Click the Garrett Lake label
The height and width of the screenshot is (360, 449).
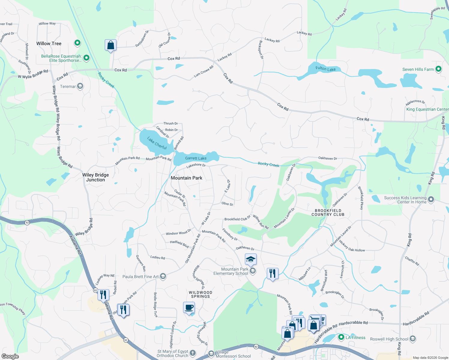point(196,158)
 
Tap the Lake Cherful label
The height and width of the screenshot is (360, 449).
point(157,143)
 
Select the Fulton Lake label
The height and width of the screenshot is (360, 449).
point(325,69)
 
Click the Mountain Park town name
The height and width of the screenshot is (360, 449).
point(186,178)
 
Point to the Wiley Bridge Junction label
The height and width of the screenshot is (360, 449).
point(95,177)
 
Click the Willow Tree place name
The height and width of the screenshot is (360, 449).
point(49,43)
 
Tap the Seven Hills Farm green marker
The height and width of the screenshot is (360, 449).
point(438,69)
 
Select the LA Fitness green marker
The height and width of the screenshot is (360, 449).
point(341,337)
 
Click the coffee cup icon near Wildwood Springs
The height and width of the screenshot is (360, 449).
point(189,308)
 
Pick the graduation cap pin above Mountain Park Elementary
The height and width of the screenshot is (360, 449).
point(251,259)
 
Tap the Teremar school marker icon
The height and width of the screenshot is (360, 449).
point(80,86)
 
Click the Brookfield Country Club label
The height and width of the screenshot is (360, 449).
point(328,212)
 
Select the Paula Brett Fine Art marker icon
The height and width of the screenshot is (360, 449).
point(163,276)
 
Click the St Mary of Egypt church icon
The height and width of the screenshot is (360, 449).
point(193,353)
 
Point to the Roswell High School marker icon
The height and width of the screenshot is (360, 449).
point(413,339)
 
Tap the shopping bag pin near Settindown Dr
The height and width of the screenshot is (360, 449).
point(110,45)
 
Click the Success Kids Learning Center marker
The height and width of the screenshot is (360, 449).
point(431,199)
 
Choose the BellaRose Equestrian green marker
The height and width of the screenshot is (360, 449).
point(86,58)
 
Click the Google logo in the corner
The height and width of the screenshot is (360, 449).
point(10,356)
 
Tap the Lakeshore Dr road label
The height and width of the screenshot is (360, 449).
point(196,165)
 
